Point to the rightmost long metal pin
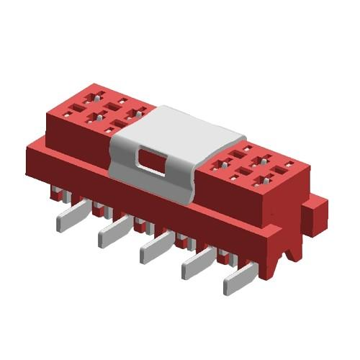coord(237,281)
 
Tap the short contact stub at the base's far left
coord(56,193)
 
